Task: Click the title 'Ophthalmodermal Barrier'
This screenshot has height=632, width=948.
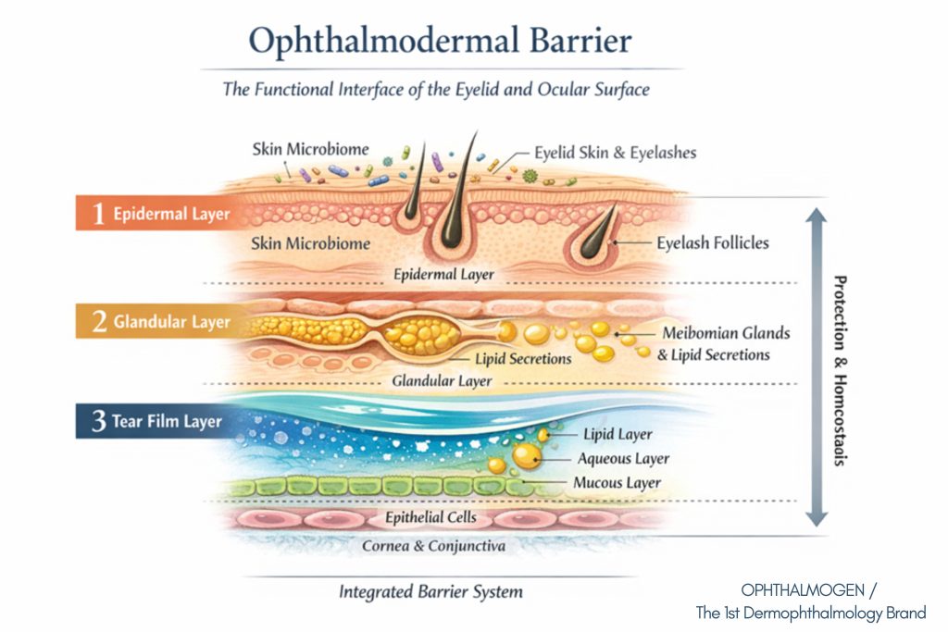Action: pos(440,42)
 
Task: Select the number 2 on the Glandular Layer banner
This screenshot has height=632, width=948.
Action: pos(98,322)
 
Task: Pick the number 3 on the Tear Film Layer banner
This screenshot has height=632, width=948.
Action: pos(98,422)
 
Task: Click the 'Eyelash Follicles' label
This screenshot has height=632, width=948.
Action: pos(713,243)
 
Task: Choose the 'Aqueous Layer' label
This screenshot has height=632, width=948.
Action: pos(623,458)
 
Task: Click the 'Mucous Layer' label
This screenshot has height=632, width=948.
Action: pos(617,482)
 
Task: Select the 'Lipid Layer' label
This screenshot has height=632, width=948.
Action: pos(617,434)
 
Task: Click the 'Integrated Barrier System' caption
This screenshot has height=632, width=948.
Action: pos(430,591)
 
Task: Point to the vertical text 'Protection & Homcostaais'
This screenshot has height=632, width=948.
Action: pos(840,370)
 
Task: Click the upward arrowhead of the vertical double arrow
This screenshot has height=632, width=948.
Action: pos(815,216)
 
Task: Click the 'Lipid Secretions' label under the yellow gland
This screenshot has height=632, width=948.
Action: pos(522,358)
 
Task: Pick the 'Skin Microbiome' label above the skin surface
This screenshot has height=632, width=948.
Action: pos(310,149)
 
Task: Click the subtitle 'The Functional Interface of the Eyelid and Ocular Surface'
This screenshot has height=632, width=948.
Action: pos(437,90)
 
